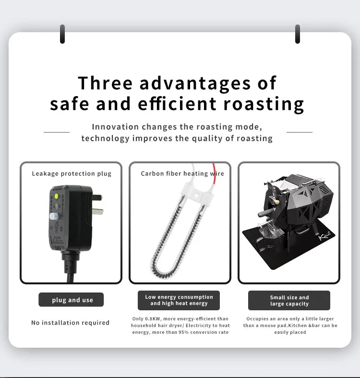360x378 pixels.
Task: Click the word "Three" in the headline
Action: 105,83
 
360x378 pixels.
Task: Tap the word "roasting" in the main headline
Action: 264,104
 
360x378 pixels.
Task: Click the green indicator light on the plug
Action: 56,196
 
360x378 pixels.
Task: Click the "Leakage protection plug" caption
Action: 72,173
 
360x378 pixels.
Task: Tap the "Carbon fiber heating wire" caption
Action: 182,173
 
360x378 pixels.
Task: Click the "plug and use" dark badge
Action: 71,300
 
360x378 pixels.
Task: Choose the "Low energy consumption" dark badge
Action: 179,300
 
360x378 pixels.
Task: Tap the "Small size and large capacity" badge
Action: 289,300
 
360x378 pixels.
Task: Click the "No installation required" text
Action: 71,323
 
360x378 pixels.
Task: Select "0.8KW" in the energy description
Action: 153,319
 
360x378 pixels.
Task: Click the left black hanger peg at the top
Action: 62,34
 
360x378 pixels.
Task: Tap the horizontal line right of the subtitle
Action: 300,132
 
